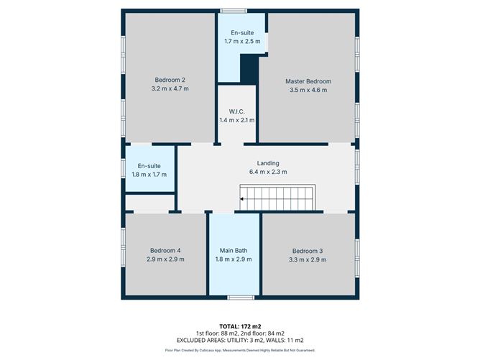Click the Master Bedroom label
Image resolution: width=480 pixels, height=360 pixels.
point(308,81)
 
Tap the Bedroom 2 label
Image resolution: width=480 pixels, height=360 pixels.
point(170,80)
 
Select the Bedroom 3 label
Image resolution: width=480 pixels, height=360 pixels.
point(309,250)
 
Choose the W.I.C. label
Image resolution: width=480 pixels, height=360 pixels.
point(237,111)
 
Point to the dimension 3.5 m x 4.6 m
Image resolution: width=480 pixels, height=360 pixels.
point(308,91)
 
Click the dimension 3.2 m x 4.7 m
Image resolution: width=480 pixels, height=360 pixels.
point(170,89)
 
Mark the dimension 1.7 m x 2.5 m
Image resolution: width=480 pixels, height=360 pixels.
point(241,42)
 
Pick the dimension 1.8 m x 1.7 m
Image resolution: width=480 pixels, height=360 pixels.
point(149,175)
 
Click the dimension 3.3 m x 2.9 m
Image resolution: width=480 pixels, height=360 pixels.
point(309,259)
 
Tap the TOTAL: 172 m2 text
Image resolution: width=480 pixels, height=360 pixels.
point(239,326)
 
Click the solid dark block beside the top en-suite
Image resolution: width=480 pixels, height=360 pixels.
point(249,70)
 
